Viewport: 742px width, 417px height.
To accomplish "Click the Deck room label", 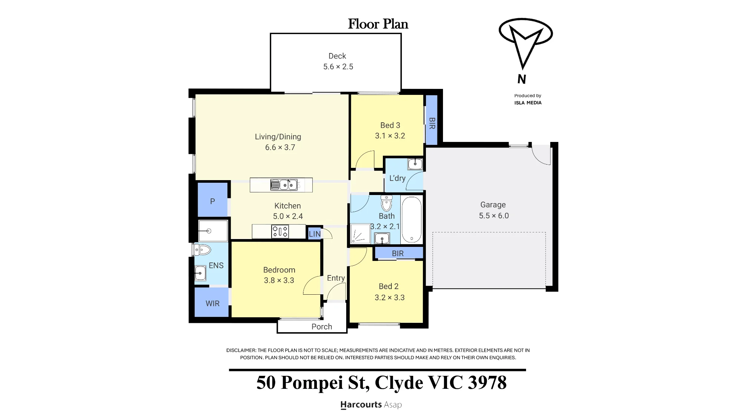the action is tap(337, 56).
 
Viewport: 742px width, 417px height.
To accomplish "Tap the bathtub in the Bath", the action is tap(411, 219).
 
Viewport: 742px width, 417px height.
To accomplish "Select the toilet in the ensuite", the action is tap(202, 249).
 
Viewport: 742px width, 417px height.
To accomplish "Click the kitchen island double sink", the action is tap(284, 184).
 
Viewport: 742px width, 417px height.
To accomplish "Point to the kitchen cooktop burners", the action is tap(280, 232).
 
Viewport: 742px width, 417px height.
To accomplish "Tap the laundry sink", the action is tap(415, 163).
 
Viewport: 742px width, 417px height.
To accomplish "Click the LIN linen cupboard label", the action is tap(315, 234).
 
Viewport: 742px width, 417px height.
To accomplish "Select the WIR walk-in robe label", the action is tap(213, 304).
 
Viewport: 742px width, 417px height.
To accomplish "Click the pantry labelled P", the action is tap(213, 201).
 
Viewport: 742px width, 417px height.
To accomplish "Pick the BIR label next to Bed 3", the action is tap(432, 123).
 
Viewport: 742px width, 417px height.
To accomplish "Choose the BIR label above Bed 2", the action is tap(398, 254).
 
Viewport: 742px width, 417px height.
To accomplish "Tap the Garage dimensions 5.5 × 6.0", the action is tap(494, 216).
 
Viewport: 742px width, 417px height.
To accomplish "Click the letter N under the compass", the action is tap(522, 79).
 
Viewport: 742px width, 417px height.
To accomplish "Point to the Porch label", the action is tap(322, 327).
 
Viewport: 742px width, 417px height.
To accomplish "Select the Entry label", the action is tap(336, 278).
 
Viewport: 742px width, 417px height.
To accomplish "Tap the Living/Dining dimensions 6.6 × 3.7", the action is tap(280, 148).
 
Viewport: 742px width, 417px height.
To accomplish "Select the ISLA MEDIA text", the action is tap(528, 103).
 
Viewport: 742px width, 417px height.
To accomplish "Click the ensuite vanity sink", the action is tap(200, 273).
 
